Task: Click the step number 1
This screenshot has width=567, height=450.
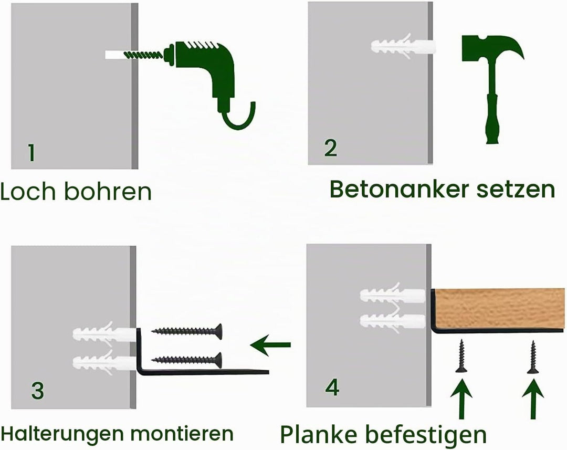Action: pos(31,153)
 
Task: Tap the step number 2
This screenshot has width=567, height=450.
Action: pos(331,148)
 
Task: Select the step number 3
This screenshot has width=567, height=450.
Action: pos(37,391)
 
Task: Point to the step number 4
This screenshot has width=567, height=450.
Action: pos(332,388)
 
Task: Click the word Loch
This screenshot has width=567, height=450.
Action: pos(28,191)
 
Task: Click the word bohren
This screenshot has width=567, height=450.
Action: pos(108,191)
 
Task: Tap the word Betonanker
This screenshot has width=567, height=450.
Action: pos(400,189)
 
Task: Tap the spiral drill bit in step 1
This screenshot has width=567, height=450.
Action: pos(143,55)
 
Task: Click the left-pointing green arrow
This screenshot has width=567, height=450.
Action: pos(270,345)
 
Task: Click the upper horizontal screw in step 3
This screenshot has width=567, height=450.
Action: pos(186,331)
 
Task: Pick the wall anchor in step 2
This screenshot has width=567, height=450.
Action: pos(403,47)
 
